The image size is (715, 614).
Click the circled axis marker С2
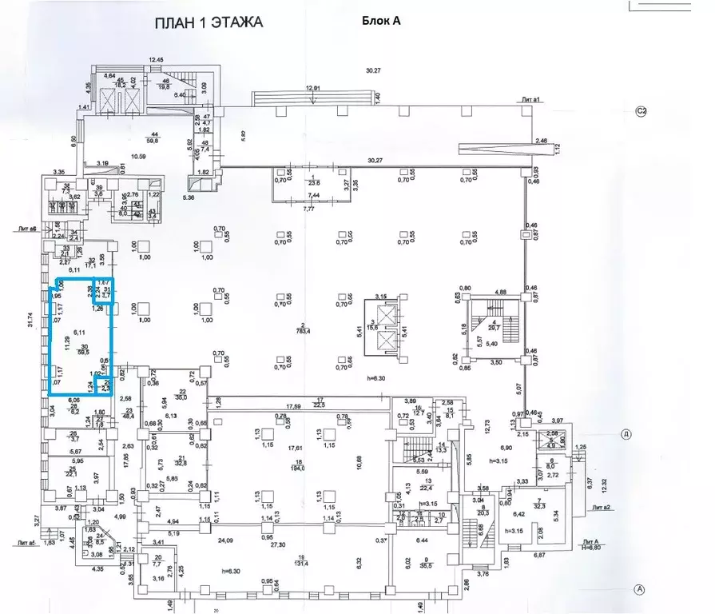tap(640, 111)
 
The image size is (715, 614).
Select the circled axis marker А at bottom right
tap(639, 590)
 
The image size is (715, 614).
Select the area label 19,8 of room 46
tap(165, 89)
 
